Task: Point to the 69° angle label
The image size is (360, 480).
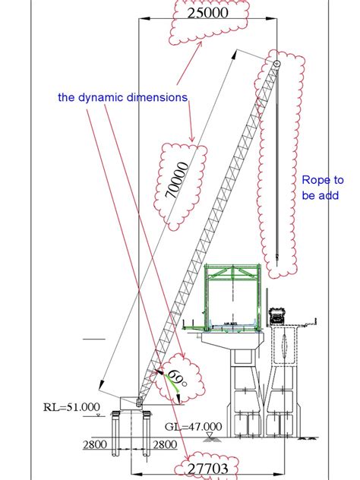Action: (176, 377)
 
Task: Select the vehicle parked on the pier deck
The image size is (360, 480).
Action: (275, 314)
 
